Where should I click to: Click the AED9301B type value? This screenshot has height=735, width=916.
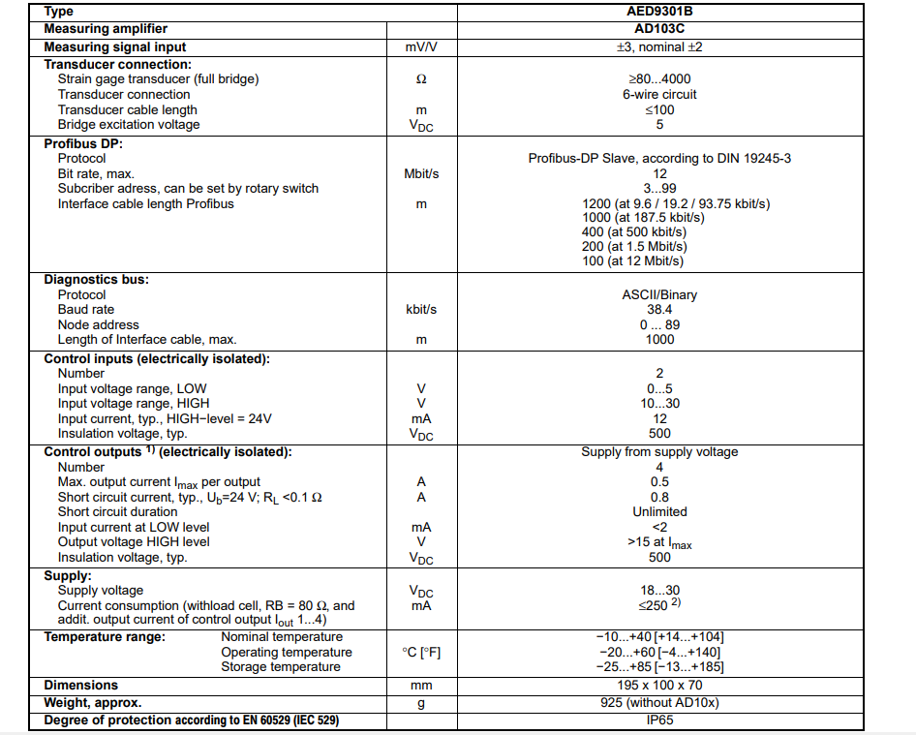click(659, 12)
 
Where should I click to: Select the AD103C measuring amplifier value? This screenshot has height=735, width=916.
click(659, 29)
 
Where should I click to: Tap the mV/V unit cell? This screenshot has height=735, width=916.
click(421, 46)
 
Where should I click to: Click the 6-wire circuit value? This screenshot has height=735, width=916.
click(659, 94)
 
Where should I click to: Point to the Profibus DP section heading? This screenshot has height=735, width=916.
click(83, 143)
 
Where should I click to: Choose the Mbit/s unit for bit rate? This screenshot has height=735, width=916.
click(421, 173)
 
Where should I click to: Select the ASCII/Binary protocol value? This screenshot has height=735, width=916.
click(659, 294)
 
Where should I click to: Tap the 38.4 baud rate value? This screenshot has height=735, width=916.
click(659, 310)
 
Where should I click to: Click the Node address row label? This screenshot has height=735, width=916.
click(98, 324)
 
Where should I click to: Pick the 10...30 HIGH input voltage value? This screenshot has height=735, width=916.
click(659, 403)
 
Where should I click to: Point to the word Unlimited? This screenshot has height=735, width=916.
click(659, 511)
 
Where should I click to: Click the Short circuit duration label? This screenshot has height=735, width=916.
click(117, 511)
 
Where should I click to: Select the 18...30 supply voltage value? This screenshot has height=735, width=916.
click(659, 590)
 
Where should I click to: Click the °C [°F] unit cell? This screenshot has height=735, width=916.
click(421, 652)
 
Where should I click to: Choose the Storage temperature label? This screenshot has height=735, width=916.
click(281, 666)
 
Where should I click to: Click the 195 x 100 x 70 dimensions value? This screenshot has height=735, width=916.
click(659, 685)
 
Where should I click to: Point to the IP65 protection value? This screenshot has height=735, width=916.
click(659, 720)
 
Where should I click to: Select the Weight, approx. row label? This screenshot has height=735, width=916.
click(92, 702)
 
